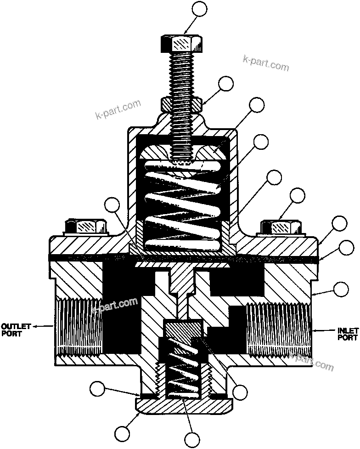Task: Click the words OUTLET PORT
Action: point(15,330)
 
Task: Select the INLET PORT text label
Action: point(347,333)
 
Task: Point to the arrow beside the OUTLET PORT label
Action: point(44,326)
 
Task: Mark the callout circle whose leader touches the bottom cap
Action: point(122,433)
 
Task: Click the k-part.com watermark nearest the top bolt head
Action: point(266,64)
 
